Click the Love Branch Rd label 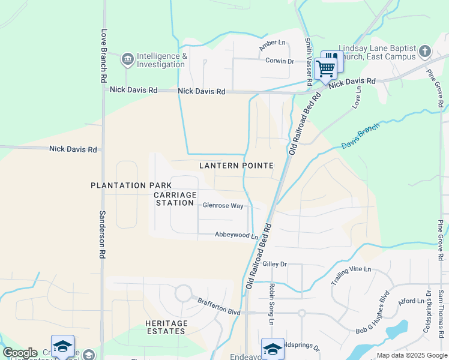click(104, 56)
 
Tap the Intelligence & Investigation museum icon click(127, 59)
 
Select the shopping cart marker click(325, 69)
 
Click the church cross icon click(425, 51)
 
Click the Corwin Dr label click(280, 61)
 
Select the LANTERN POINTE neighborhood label click(237, 166)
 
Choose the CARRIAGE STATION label click(175, 199)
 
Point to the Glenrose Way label click(223, 206)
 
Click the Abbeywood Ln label click(236, 236)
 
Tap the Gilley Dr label click(276, 264)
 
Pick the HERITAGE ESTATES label click(166, 327)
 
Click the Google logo click(20, 353)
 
